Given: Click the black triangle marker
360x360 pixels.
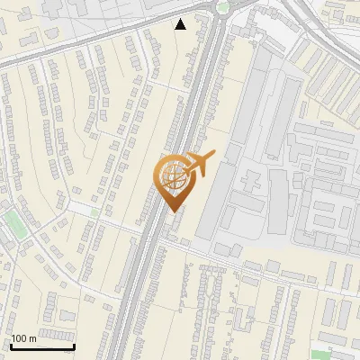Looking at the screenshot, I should pos(181,24).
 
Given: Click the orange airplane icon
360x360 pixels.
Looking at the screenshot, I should pos(199,164).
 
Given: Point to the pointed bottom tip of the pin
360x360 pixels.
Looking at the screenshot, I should pos(175,212).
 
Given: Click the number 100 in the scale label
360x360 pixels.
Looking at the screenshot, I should pos(19,338).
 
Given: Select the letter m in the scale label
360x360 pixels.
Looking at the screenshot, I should pos(32,338).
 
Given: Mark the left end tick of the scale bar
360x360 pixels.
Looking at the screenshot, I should pos(11,346).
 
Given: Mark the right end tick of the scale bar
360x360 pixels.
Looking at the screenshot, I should pos(74,346).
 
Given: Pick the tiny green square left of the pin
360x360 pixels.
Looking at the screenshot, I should pos(97,213).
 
